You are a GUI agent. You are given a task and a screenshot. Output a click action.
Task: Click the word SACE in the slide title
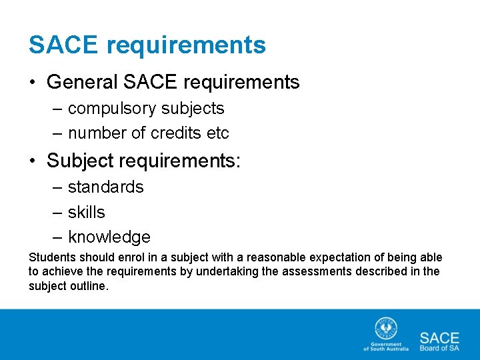63,45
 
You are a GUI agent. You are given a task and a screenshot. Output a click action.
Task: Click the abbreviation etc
218,133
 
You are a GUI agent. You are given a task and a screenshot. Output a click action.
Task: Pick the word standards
105,187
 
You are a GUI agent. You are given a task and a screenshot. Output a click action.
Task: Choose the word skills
87,212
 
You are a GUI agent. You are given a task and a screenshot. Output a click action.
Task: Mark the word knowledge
109,237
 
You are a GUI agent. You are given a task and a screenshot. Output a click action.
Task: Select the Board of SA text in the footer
439,347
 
